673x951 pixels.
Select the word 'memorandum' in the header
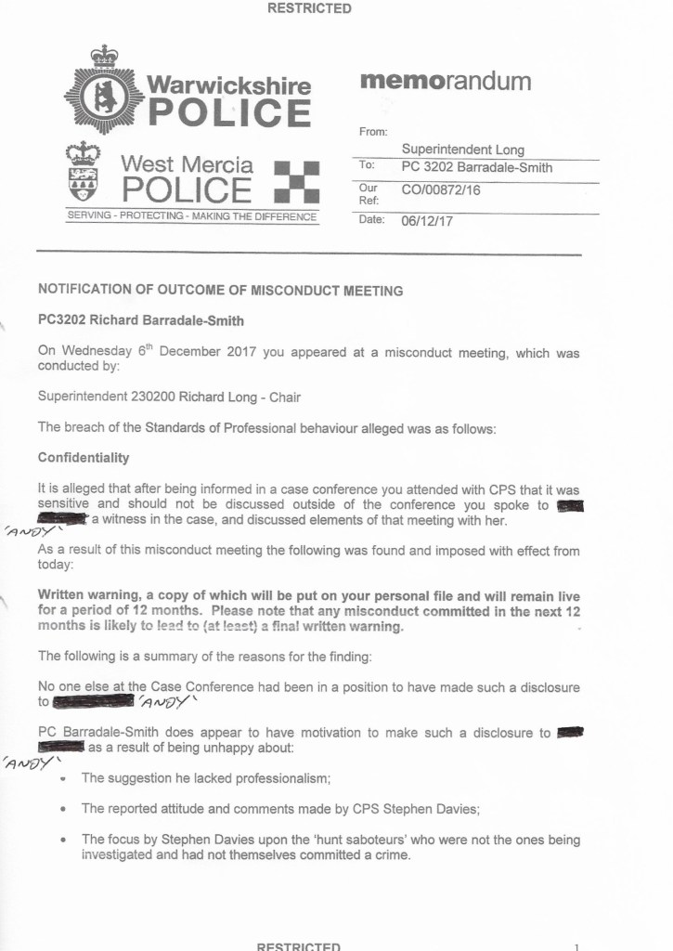445,82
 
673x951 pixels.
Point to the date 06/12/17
427,221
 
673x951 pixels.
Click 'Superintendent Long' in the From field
462,150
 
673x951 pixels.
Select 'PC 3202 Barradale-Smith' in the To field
476,167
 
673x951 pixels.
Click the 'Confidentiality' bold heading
84,458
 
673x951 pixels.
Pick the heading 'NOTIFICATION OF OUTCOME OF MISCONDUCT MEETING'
220,291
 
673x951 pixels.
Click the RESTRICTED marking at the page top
309,8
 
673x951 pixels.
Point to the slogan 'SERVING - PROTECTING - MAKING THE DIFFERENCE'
192,216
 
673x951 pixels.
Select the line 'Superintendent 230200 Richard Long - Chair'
168,397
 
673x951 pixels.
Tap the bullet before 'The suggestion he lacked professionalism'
62,778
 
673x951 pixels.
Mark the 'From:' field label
373,132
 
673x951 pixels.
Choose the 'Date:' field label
372,220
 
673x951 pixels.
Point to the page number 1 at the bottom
576,946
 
